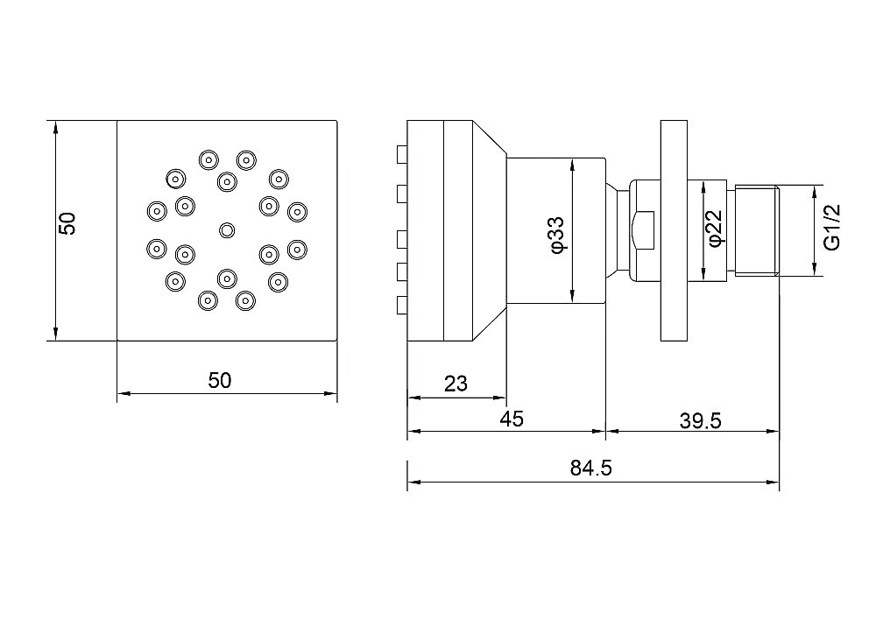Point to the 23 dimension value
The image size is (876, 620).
pyautogui.click(x=456, y=384)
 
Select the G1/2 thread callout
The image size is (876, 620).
pyautogui.click(x=831, y=227)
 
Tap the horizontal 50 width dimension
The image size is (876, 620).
pyautogui.click(x=219, y=380)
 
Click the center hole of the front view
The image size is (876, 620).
pyautogui.click(x=227, y=230)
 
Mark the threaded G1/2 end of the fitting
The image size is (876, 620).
pyautogui.click(x=756, y=231)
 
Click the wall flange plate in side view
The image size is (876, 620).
pyautogui.click(x=674, y=230)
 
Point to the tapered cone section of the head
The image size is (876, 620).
pyautogui.click(x=490, y=229)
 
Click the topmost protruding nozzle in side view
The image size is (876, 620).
pyautogui.click(x=402, y=155)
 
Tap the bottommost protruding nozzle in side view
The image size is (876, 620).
pyautogui.click(x=402, y=304)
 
